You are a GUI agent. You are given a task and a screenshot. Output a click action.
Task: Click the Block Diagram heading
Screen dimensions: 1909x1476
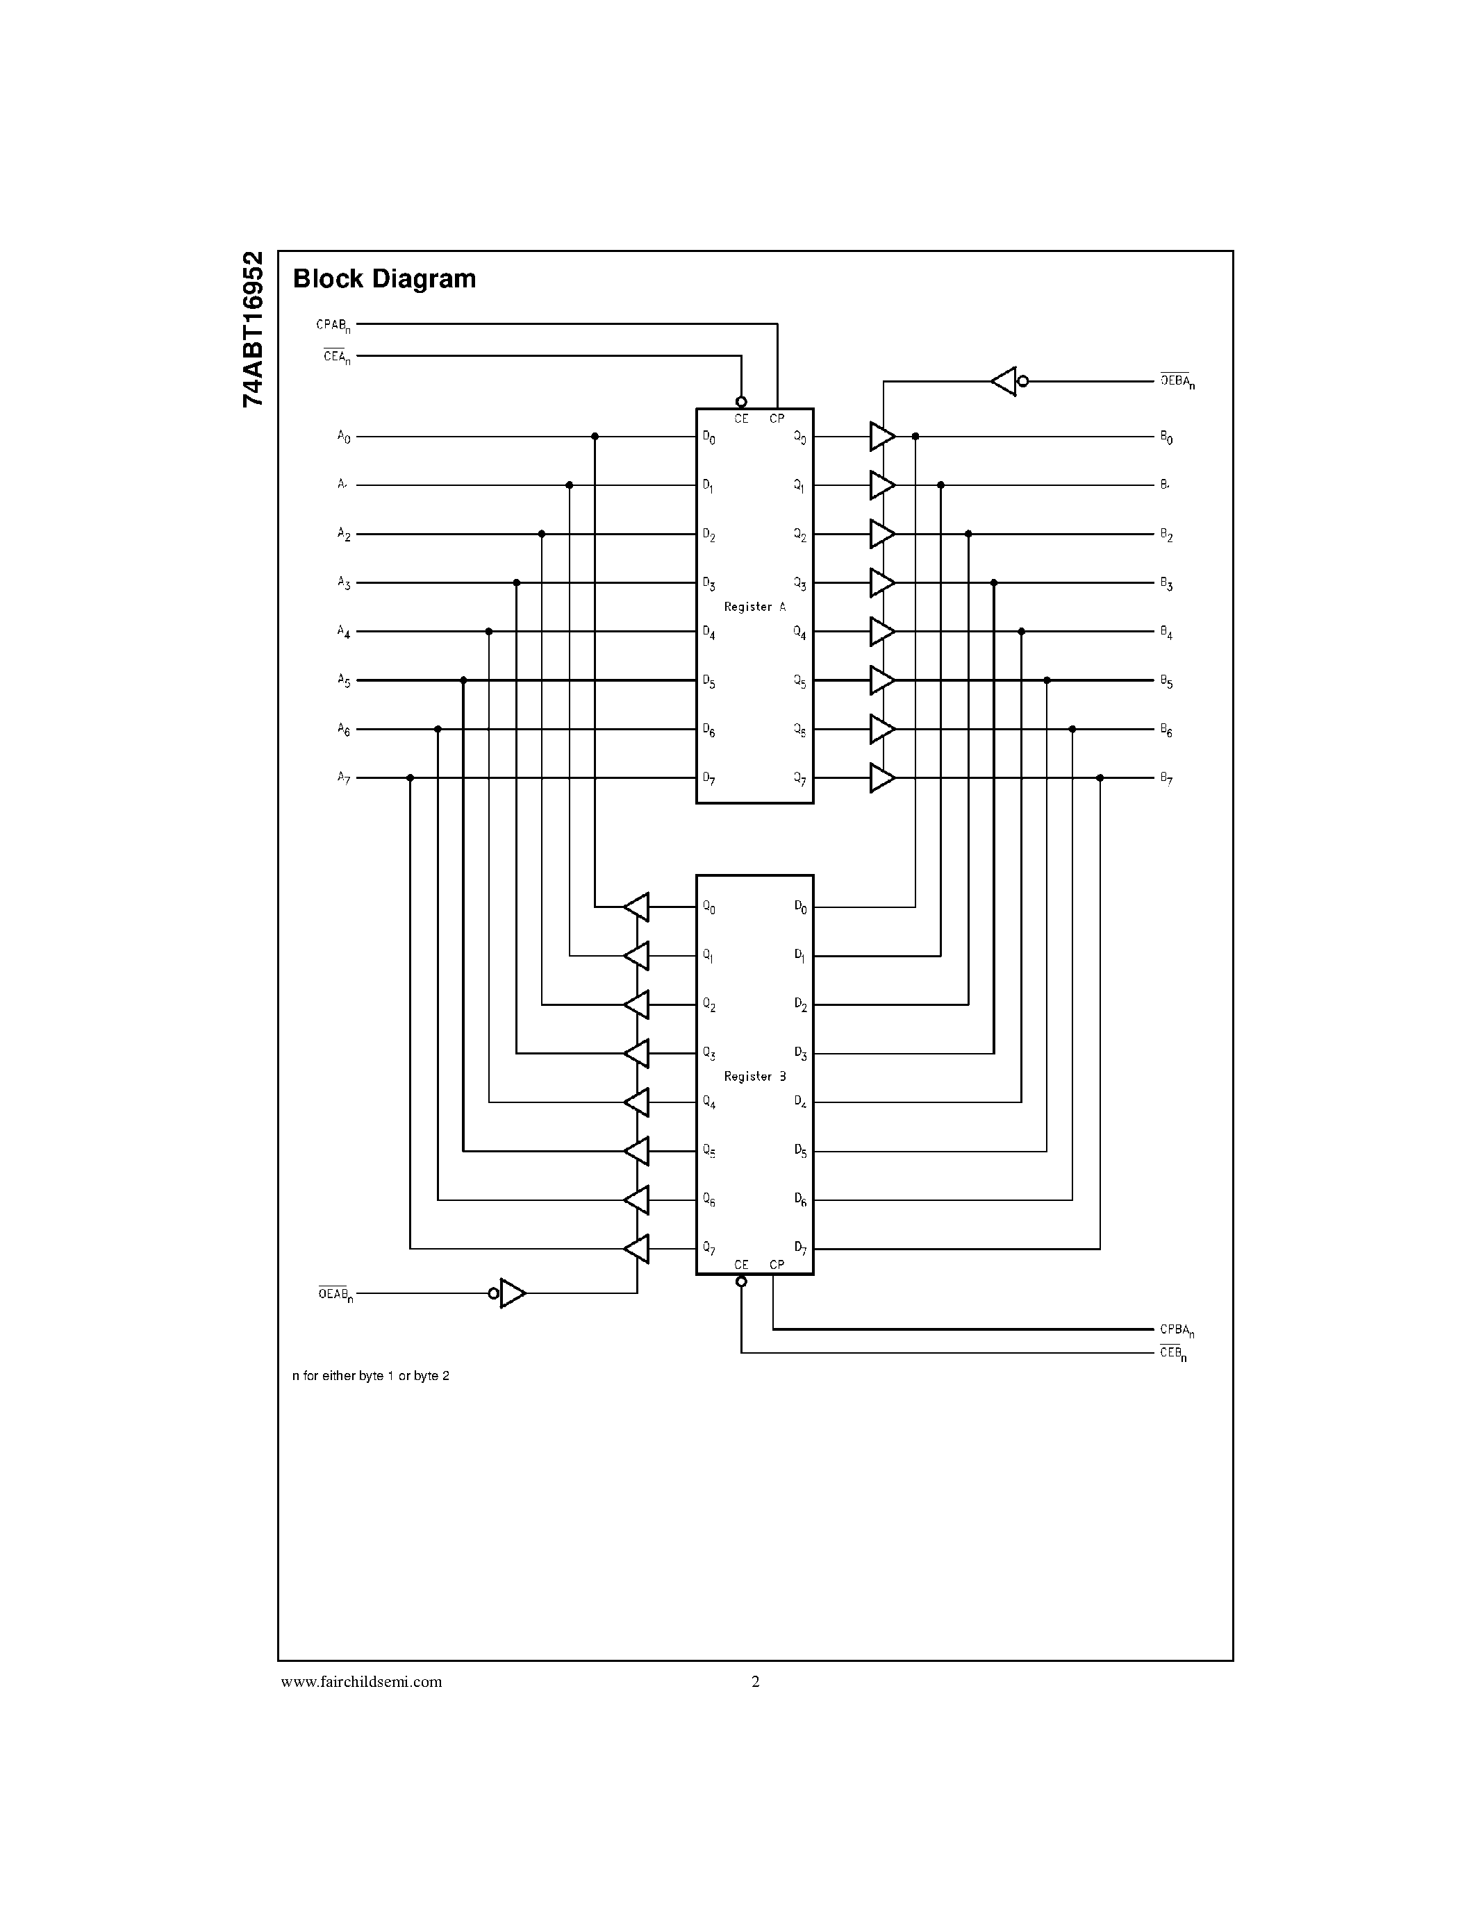coord(384,279)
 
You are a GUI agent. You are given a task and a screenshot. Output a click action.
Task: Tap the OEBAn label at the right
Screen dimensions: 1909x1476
coord(1177,381)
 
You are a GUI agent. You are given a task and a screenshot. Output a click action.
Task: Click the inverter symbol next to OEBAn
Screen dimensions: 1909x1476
coord(1006,381)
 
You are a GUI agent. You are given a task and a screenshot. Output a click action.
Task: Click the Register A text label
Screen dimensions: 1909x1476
coord(754,607)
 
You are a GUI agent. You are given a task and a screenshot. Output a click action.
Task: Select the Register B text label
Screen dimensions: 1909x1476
coord(754,1076)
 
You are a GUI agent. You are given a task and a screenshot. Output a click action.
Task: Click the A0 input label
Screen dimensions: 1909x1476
coord(344,436)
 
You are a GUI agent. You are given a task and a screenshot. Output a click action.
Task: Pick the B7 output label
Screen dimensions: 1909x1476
coord(1166,778)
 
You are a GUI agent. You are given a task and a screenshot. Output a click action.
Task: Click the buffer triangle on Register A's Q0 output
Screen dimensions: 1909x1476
coord(881,436)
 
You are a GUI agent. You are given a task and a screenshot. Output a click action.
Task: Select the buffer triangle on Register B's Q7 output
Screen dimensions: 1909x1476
coord(638,1248)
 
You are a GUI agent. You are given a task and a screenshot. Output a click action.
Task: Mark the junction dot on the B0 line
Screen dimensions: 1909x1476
coord(915,436)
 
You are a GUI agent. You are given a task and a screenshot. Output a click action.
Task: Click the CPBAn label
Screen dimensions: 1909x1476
coord(1177,1329)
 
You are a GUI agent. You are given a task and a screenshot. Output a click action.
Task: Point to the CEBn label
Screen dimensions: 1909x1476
coord(1172,1353)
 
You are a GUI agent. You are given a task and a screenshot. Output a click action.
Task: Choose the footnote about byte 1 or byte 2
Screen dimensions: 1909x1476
coord(371,1376)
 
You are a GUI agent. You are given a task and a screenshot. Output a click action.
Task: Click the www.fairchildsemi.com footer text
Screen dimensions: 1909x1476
coord(361,1682)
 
